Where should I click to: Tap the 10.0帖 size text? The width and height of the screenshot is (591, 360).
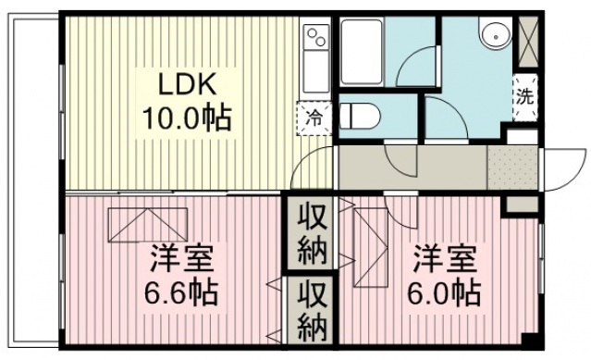click(x=186, y=118)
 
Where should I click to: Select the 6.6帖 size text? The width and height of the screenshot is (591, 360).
click(x=180, y=293)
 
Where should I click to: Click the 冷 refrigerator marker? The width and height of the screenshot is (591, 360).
click(x=314, y=117)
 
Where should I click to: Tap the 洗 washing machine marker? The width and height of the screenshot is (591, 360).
click(x=524, y=95)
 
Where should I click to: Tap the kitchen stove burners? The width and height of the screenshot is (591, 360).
click(x=316, y=38)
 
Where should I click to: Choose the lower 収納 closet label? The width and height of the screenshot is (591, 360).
click(x=310, y=312)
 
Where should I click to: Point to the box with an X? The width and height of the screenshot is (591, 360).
click(x=529, y=38)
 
